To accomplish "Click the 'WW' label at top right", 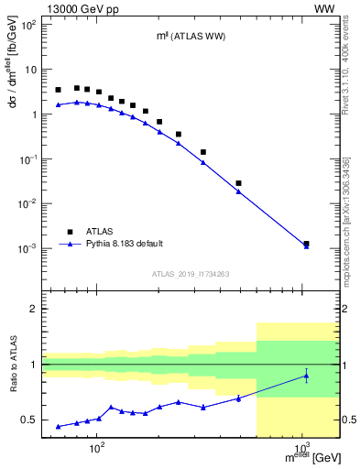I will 324,8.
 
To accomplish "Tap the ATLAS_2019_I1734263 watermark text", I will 190,274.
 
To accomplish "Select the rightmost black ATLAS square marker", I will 306,244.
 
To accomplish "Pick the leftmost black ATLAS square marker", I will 59,90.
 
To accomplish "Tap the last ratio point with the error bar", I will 306,376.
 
